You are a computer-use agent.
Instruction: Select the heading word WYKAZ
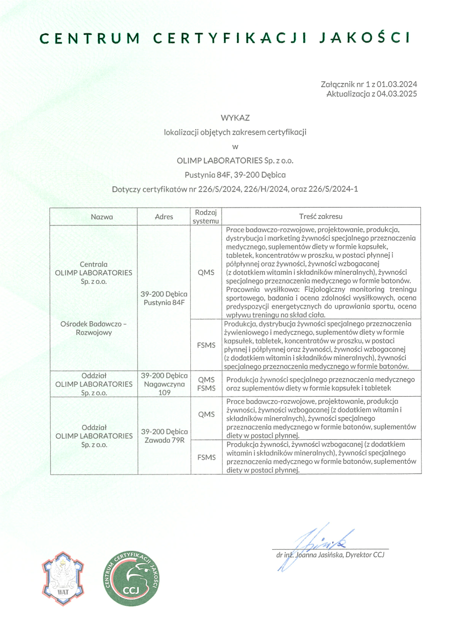coord(235,118)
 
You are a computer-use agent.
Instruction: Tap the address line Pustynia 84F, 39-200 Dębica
coord(235,175)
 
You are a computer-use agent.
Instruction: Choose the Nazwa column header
coord(102,217)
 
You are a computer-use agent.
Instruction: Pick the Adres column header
coord(164,217)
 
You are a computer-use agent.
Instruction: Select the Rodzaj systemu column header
coord(206,217)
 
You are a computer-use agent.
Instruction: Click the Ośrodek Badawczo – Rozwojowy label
coord(94,328)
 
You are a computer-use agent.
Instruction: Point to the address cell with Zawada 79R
coord(164,436)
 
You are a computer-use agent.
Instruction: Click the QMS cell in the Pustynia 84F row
coord(206,272)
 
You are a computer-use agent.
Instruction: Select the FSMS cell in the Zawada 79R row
coord(206,457)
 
